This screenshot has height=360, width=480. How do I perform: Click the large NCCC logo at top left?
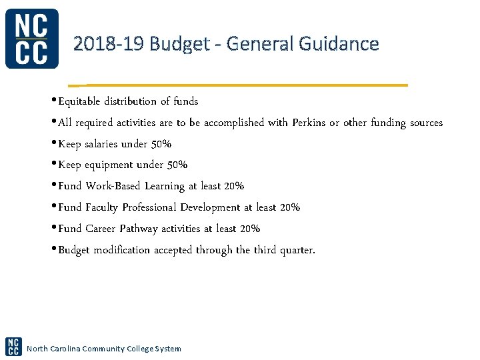click(x=31, y=39)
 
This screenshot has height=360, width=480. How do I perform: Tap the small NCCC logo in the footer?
click(x=13, y=346)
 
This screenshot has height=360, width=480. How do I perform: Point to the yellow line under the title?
click(x=240, y=85)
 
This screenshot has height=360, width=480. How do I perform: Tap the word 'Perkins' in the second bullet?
click(x=310, y=123)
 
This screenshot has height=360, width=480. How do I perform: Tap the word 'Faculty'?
click(x=101, y=207)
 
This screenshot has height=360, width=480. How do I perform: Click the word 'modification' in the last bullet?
click(x=121, y=250)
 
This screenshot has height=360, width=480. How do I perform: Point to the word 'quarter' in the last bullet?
click(x=294, y=251)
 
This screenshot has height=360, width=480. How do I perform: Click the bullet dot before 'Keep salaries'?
click(x=54, y=144)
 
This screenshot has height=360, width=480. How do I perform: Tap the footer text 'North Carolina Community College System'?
click(x=103, y=349)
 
